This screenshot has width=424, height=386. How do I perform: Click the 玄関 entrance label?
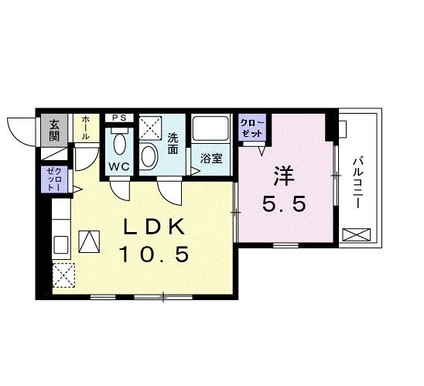[x=54, y=130]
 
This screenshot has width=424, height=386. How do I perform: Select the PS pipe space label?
[x=119, y=118]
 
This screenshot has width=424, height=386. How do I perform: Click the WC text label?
[x=119, y=167]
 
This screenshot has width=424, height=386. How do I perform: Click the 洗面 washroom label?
[x=173, y=144]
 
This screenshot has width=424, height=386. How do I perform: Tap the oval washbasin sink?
[x=149, y=156]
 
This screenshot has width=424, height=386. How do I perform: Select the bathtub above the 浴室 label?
[x=210, y=128]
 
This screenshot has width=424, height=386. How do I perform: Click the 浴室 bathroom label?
[x=211, y=159]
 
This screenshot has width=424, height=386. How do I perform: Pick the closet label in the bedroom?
[x=251, y=128]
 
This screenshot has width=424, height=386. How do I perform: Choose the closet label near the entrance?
[x=54, y=179]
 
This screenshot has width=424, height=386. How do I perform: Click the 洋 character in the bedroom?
[x=284, y=176]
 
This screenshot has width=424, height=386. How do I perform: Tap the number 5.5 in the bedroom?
[x=284, y=204]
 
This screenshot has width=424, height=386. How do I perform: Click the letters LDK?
[x=154, y=226]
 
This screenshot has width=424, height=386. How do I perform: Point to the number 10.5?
[x=154, y=254]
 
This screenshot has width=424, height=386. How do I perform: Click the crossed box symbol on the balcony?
[x=357, y=234]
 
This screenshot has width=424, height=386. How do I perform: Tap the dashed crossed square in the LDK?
[x=63, y=275]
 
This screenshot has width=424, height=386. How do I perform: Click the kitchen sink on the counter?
[x=61, y=245]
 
